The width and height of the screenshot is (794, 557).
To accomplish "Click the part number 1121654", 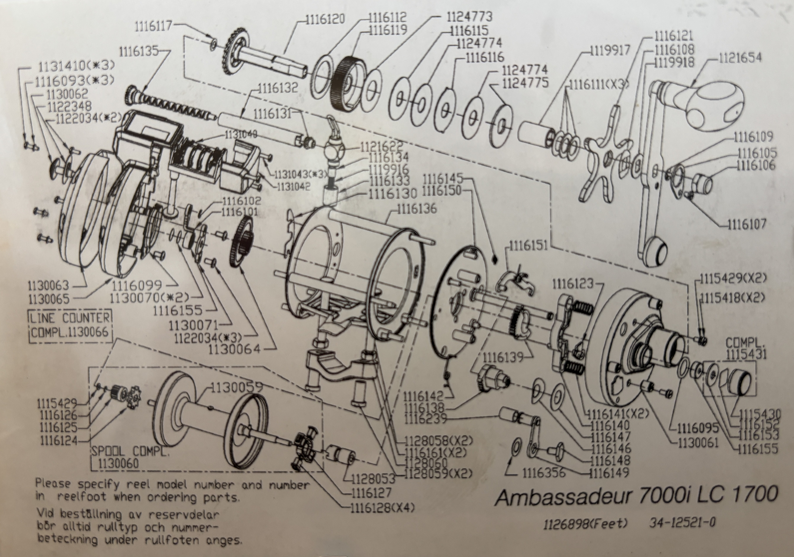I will point(740,58).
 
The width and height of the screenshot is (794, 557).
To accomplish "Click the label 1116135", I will point(138,52).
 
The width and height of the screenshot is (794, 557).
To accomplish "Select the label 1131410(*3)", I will point(76,66).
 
